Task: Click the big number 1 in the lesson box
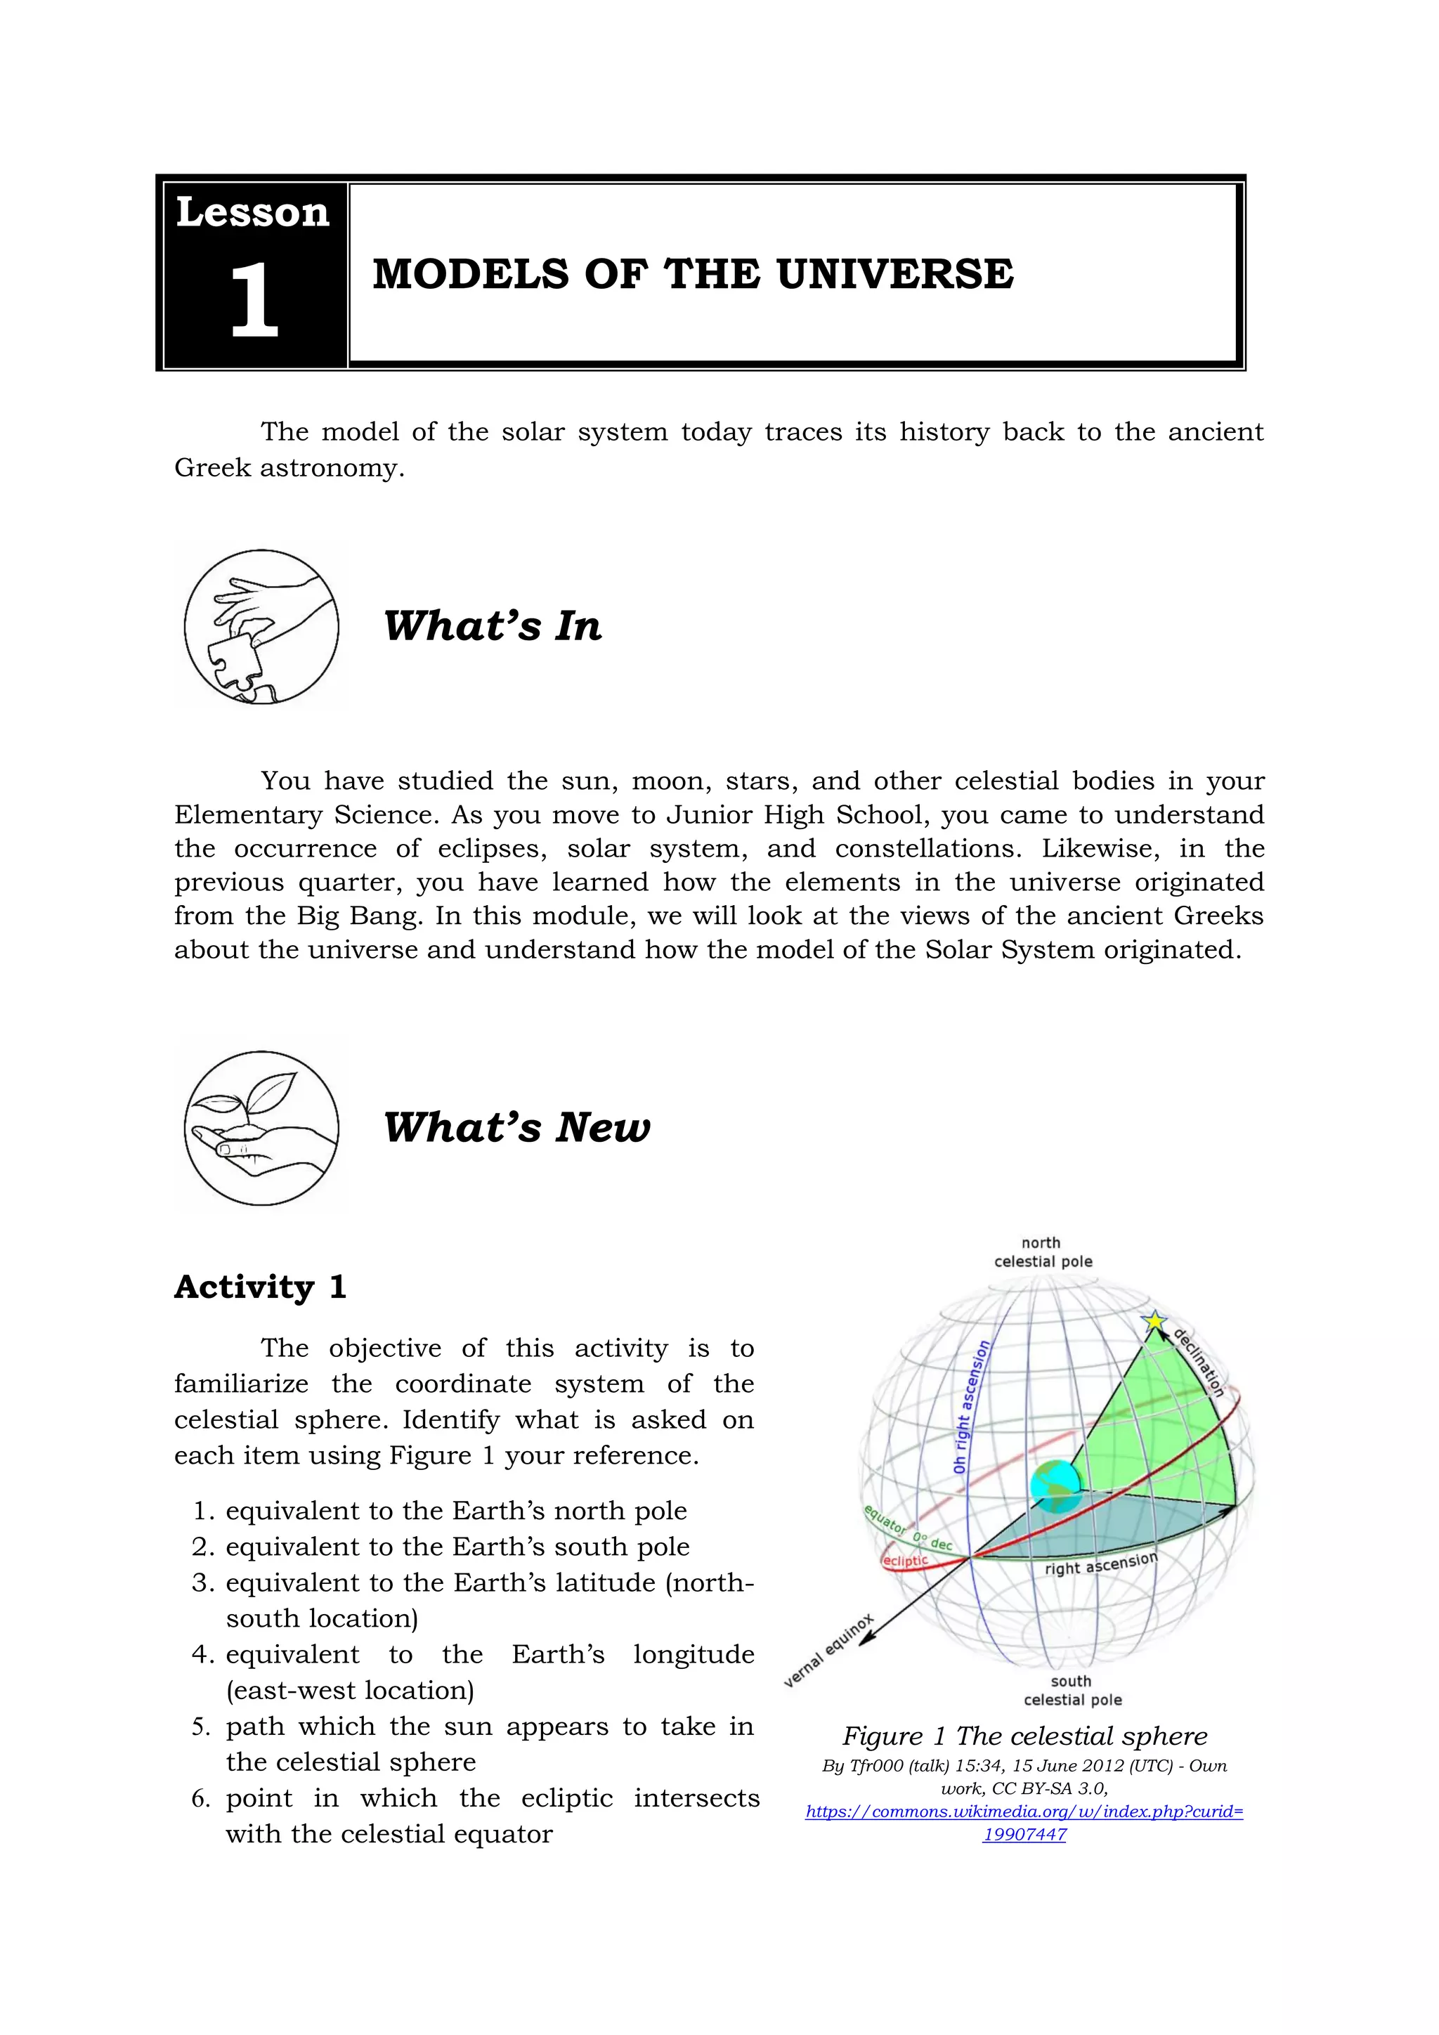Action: tap(254, 301)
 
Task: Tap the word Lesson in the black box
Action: tap(252, 213)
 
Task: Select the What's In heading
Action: tap(493, 625)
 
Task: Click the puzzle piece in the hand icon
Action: tap(234, 661)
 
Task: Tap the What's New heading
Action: tap(516, 1127)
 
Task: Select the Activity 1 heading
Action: tap(259, 1287)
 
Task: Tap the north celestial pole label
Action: tap(1043, 1252)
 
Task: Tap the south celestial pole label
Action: tap(1072, 1690)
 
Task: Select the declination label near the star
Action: tap(1199, 1363)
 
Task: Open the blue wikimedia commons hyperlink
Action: tap(1024, 1812)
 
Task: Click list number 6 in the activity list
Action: tap(200, 1799)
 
